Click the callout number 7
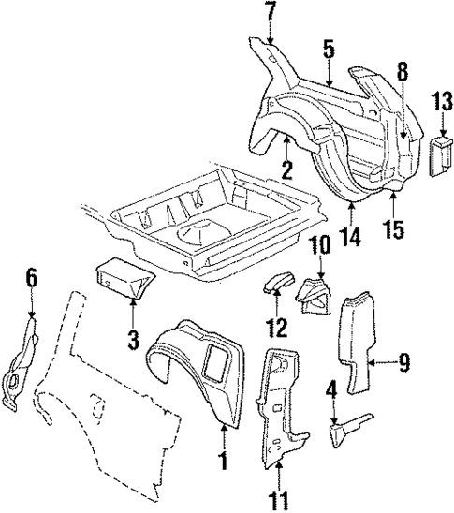(x=270, y=13)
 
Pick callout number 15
(x=396, y=229)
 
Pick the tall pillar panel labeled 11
(x=281, y=403)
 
